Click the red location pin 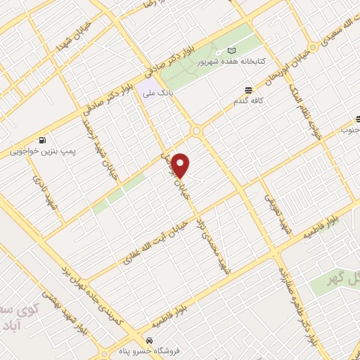pyautogui.click(x=181, y=165)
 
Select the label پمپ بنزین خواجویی pyautogui.click(x=44, y=151)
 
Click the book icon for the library pyautogui.click(x=232, y=51)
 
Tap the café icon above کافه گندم pyautogui.click(x=248, y=90)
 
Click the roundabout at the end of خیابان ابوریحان pyautogui.click(x=195, y=131)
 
